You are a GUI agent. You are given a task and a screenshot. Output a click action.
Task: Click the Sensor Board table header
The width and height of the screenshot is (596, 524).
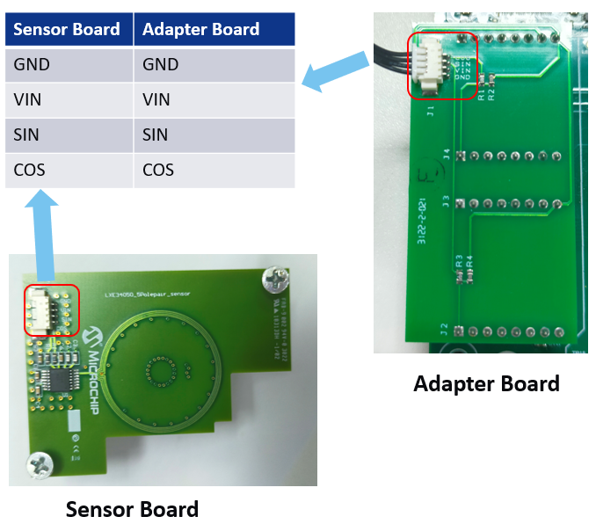[x=68, y=29]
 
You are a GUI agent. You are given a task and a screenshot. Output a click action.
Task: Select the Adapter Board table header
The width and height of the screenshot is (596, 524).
[x=201, y=29]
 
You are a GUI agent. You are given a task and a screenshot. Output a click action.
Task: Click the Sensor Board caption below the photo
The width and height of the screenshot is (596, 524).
[x=132, y=509]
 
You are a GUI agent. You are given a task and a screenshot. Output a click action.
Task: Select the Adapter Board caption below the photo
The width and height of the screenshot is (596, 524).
[x=486, y=383]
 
